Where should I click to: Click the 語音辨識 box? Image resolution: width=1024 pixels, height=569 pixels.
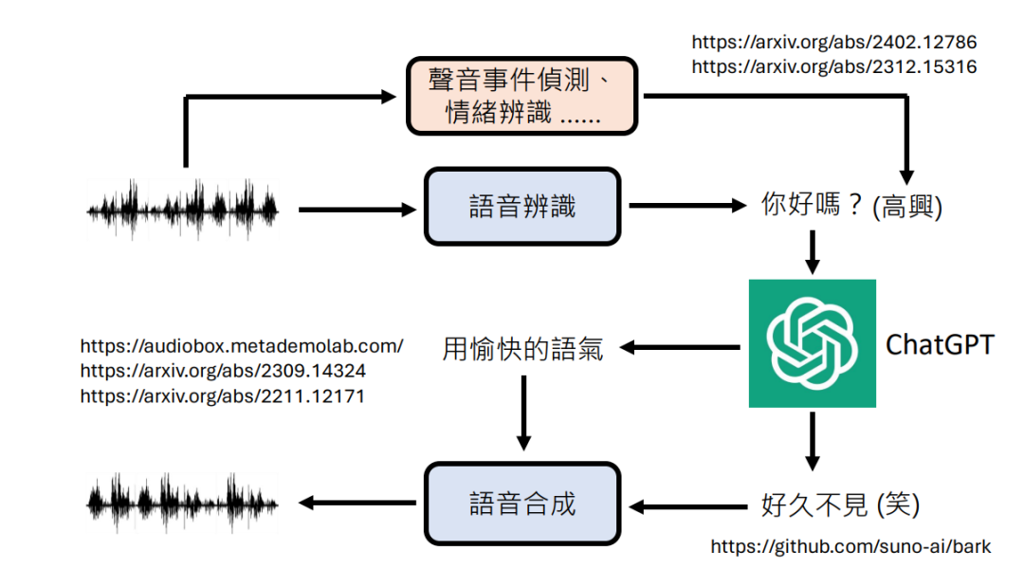tap(521, 206)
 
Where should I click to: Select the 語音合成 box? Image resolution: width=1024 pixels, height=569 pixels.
tap(521, 504)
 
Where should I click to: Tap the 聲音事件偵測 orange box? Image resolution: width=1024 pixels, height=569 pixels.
tap(521, 96)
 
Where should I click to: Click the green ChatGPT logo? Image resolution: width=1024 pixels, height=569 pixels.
tap(812, 343)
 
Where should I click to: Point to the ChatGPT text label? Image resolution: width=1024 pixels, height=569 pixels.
tap(940, 343)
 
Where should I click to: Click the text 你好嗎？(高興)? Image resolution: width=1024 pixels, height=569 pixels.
tap(851, 206)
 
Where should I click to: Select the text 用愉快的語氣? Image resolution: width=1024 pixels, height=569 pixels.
tap(522, 348)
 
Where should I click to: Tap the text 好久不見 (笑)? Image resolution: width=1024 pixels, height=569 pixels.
tap(840, 505)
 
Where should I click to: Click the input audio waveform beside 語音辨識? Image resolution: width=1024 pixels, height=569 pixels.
tap(184, 208)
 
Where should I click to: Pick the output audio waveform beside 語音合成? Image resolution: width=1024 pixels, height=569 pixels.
tap(184, 502)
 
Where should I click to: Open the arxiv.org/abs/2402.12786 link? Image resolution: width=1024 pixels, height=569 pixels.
tap(833, 43)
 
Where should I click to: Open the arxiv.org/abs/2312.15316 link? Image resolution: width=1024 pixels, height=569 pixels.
tap(833, 67)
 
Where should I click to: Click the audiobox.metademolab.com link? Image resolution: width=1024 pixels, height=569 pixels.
tap(242, 346)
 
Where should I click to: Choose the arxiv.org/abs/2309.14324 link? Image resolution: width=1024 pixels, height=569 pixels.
tap(223, 371)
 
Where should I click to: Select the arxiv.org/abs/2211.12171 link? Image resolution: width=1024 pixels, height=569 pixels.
tap(223, 396)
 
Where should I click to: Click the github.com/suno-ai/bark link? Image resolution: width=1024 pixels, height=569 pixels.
tap(850, 546)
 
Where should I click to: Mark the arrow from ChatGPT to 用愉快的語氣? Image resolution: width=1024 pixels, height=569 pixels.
tap(680, 348)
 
